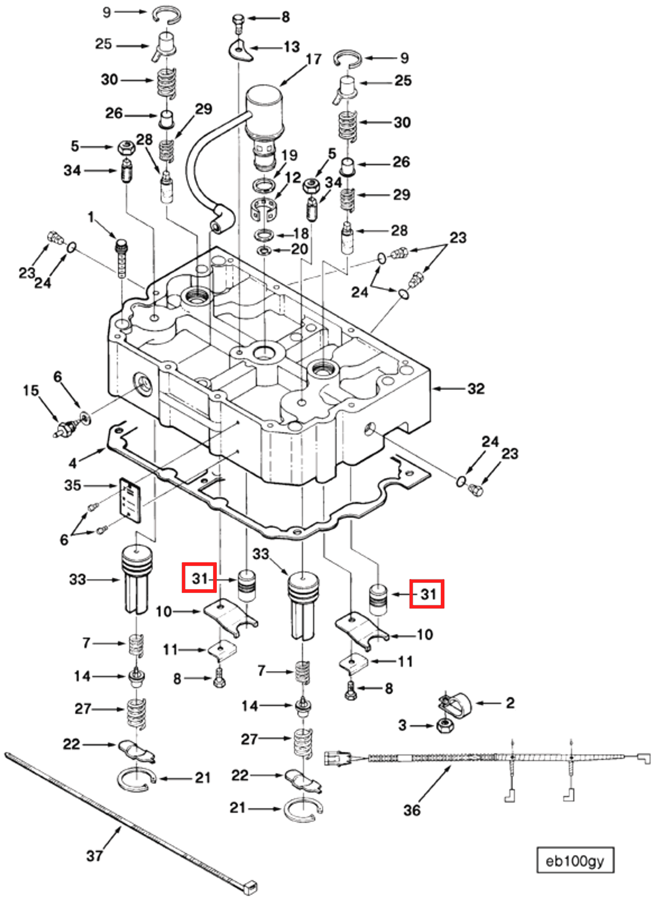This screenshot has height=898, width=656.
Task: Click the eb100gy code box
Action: tap(575, 861)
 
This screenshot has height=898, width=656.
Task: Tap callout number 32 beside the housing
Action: tap(476, 388)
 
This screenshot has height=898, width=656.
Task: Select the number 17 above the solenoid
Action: tap(313, 59)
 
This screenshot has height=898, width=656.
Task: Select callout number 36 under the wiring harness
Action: tap(412, 810)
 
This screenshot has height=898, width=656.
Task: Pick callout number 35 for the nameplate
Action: tap(73, 485)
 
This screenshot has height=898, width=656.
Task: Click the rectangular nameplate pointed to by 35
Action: tap(131, 500)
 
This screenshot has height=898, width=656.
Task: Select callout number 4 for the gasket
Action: tap(72, 463)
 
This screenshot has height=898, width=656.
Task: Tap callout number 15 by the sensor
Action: tap(30, 391)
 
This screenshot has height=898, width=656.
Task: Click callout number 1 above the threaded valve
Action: tap(91, 217)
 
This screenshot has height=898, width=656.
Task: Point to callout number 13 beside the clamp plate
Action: tap(291, 47)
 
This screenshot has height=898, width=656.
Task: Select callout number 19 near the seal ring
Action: tap(289, 155)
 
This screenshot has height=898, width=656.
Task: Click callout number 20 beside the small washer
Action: tap(299, 249)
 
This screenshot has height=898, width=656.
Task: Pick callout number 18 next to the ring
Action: tap(300, 233)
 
